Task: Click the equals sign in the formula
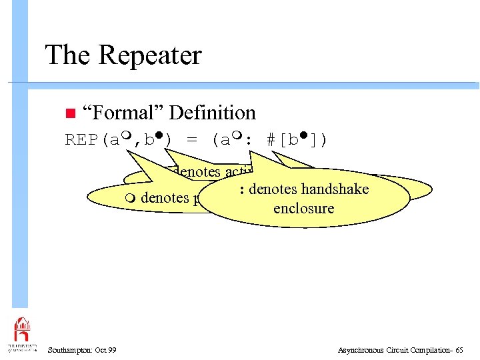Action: [x=193, y=140]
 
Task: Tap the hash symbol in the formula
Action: [x=271, y=140]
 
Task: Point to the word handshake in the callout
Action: [x=336, y=189]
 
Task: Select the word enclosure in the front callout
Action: [x=303, y=208]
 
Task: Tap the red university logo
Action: [x=22, y=331]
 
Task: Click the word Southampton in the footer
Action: [x=69, y=349]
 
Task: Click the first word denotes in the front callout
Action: [x=273, y=189]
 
